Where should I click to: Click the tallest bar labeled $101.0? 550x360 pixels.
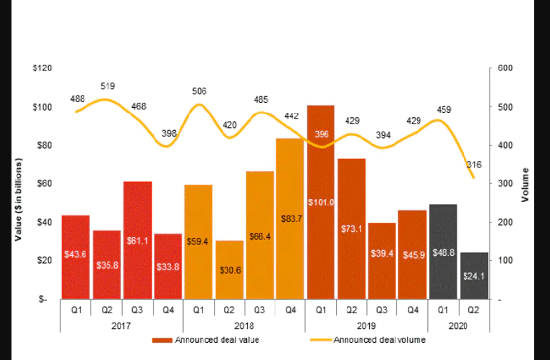(x=321, y=202)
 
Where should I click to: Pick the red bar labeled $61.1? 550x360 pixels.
(x=137, y=240)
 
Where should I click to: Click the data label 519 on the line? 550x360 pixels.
(x=108, y=86)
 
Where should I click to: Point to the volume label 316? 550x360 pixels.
(x=474, y=165)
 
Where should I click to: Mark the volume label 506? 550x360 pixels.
(x=199, y=91)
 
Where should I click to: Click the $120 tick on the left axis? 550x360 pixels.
(x=42, y=68)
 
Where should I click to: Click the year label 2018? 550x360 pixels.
(x=244, y=326)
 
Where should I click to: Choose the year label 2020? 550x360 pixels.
(x=458, y=326)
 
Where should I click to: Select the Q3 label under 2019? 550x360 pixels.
(x=381, y=311)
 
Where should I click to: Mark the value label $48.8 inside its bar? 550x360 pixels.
(x=443, y=252)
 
